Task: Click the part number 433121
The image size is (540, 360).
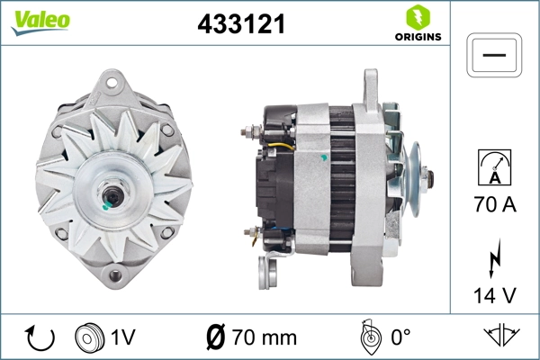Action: coord(240,25)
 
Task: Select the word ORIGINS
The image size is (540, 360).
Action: coord(418,37)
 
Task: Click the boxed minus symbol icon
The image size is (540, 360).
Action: coord(494,56)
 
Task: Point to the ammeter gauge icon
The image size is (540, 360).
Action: coord(494,166)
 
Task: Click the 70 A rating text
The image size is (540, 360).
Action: coord(494,205)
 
